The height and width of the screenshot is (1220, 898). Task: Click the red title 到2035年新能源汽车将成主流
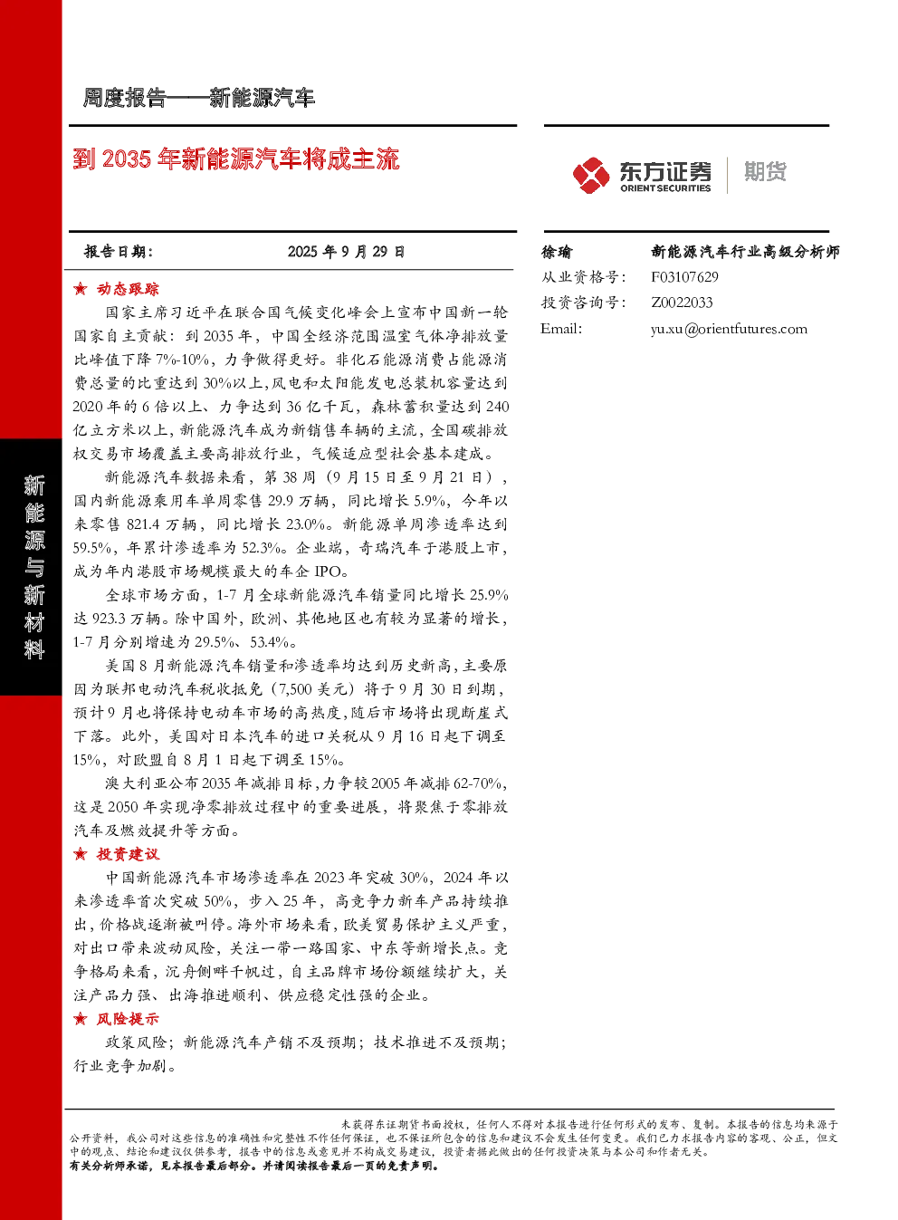[236, 159]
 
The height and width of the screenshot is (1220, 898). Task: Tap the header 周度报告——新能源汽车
[198, 98]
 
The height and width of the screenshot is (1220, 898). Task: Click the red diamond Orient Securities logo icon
[591, 176]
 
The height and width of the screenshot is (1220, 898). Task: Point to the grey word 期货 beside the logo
[765, 171]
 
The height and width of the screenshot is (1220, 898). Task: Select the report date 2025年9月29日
[346, 252]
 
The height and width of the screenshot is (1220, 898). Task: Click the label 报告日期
[118, 252]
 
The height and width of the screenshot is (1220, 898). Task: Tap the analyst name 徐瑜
[556, 252]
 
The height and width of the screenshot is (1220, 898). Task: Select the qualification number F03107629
[684, 277]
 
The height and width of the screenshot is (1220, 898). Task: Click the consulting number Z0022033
[682, 303]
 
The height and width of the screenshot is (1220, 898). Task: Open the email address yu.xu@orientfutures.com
[730, 329]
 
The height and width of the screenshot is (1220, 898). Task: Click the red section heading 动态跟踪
[128, 289]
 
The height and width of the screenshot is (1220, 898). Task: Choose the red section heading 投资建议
[128, 854]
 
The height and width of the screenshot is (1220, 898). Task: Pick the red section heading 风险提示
[128, 1019]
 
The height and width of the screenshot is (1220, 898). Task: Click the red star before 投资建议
[80, 854]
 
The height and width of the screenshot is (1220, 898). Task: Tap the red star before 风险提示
[80, 1019]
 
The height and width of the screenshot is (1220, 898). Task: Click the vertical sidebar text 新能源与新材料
[33, 567]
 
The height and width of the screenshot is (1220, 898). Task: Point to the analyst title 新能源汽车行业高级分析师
[745, 252]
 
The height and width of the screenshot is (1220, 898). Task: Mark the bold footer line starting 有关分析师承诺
[253, 1166]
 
